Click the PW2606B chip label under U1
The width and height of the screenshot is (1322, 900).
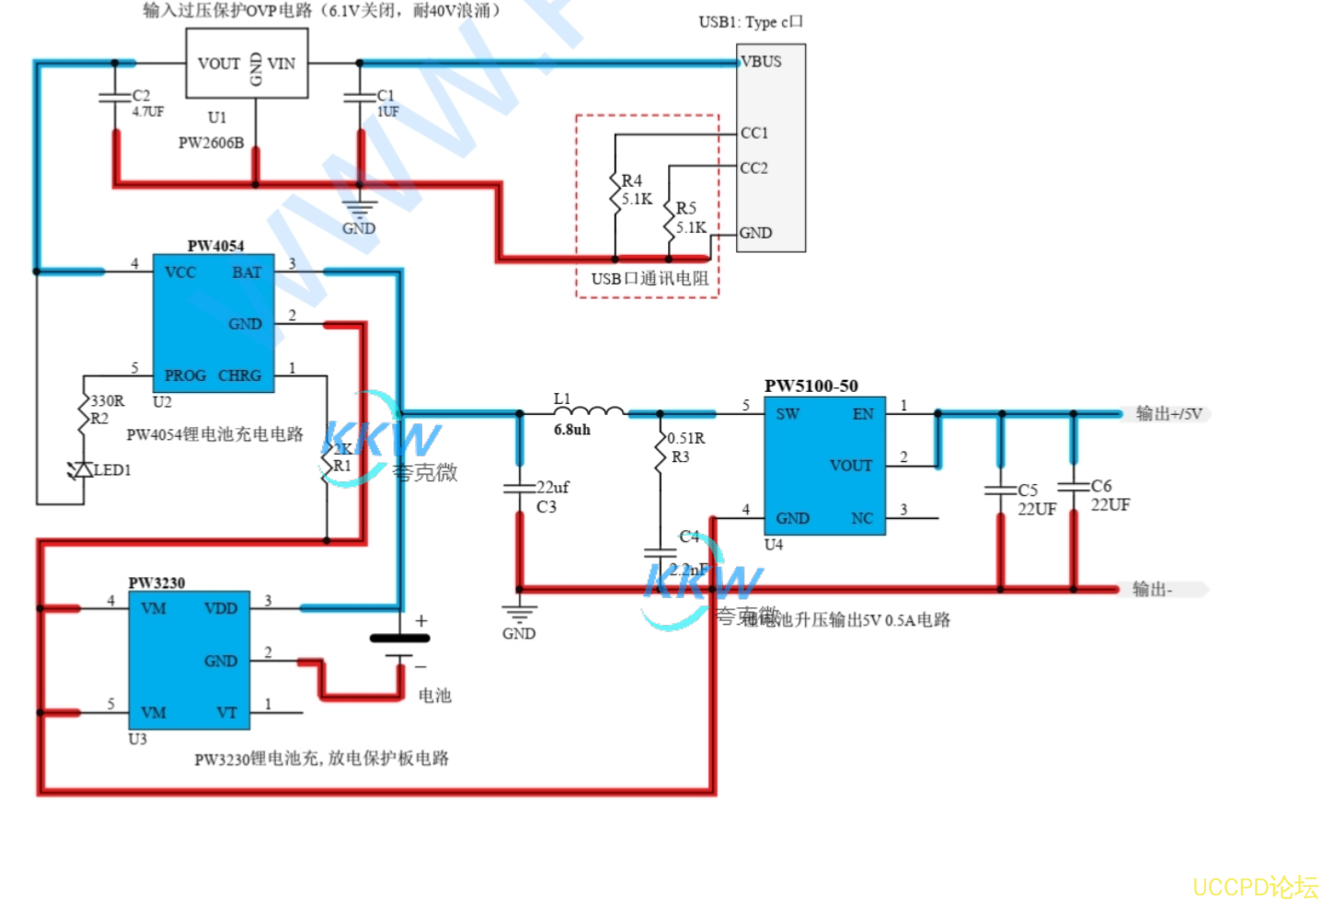(x=211, y=143)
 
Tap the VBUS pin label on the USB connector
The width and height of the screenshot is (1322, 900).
(x=762, y=62)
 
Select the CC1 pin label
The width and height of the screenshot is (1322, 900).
(x=754, y=133)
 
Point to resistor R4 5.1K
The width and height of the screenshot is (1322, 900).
(x=616, y=190)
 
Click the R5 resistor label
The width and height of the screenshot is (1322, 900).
(x=686, y=208)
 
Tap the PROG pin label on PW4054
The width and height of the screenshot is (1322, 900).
(x=185, y=375)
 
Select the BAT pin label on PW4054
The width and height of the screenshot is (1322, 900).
(x=247, y=272)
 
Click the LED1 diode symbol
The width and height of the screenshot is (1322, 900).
(x=83, y=470)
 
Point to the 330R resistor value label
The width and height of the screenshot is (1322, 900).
(x=108, y=400)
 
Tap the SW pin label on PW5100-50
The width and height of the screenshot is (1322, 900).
(x=787, y=414)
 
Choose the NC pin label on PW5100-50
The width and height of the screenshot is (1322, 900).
(x=862, y=518)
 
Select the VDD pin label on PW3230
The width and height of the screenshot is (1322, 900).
(x=221, y=608)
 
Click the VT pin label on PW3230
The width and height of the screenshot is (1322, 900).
(x=226, y=712)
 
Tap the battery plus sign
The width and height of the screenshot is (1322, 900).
(x=421, y=621)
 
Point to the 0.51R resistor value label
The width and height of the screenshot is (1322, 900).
(x=686, y=438)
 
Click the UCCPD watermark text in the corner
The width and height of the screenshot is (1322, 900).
(x=1255, y=886)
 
